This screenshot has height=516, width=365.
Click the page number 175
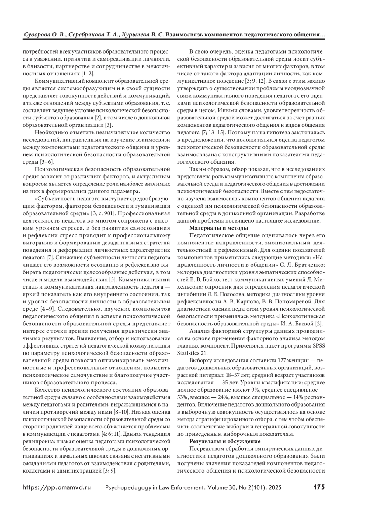(x=319, y=487)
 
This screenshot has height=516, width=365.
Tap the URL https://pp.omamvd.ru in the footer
(x=57, y=487)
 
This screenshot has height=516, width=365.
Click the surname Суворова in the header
(x=36, y=35)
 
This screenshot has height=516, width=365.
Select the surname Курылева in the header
(x=135, y=35)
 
